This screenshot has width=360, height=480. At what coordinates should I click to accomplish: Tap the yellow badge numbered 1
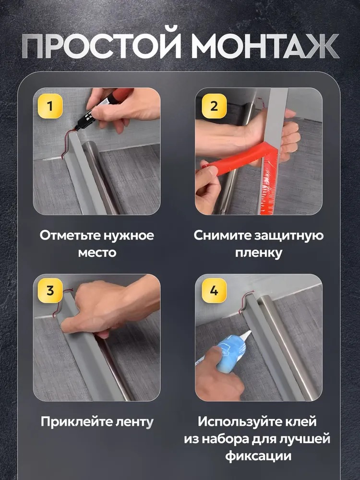click(50, 106)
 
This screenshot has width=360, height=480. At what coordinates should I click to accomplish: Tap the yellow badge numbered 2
click(214, 106)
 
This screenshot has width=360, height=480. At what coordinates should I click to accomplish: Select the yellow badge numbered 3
click(50, 290)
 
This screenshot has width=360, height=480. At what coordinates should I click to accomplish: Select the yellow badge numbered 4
click(214, 290)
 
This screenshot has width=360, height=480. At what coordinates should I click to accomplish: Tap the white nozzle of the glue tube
click(245, 336)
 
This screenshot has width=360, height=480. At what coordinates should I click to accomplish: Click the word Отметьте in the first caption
click(70, 235)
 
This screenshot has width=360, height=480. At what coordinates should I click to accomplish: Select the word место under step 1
click(97, 253)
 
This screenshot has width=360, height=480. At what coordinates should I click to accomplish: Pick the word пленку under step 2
click(259, 253)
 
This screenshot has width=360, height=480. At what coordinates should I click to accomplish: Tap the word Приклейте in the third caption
click(76, 421)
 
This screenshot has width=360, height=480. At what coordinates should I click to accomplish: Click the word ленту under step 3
click(134, 422)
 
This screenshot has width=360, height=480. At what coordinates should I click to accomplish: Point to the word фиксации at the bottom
click(258, 456)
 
